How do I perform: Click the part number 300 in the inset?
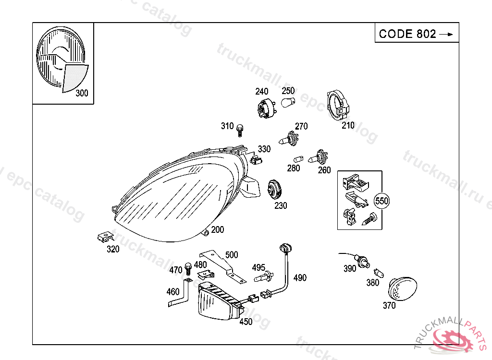(82, 93)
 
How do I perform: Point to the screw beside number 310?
(240, 129)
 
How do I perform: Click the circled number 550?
(381, 201)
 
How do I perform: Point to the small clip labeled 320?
(105, 236)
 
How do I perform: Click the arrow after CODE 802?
(446, 34)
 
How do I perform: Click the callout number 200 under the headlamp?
(217, 230)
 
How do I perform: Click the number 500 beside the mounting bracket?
(231, 255)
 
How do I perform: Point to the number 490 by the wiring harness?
(299, 277)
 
